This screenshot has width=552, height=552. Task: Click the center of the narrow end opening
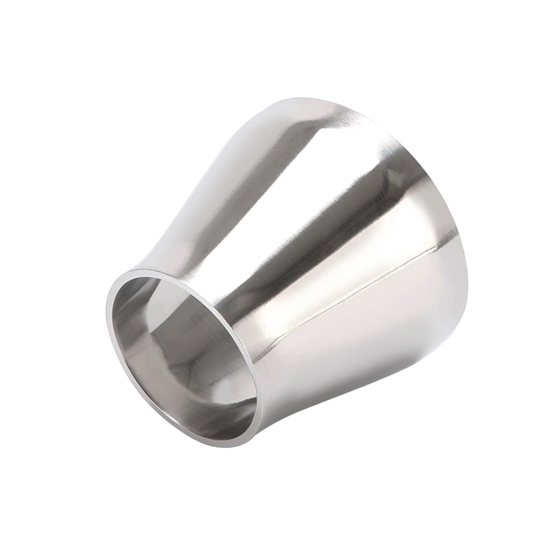point(183,356)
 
